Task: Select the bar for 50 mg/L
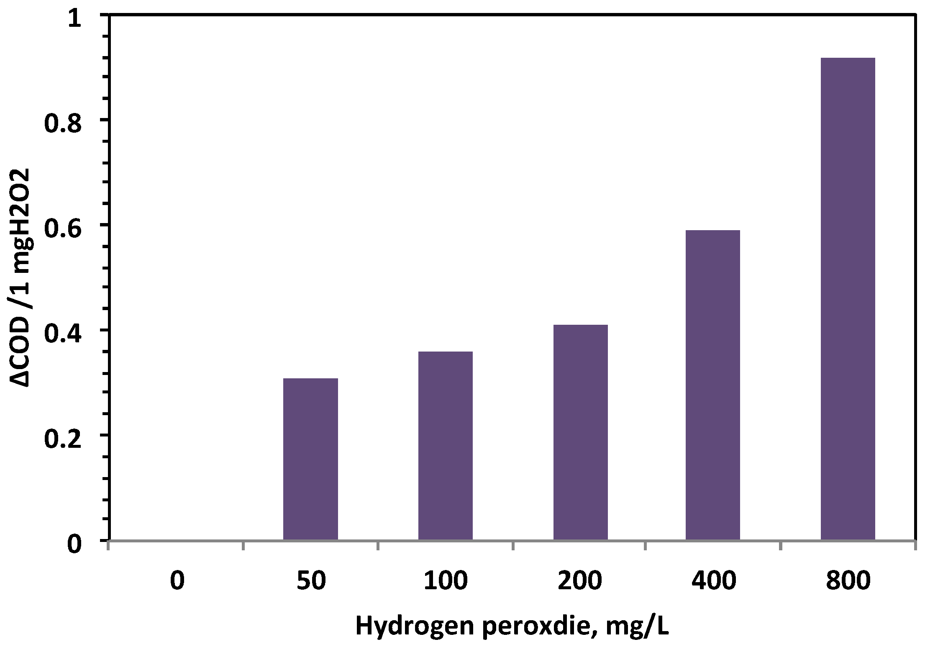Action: [310, 459]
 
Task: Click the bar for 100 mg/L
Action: [446, 446]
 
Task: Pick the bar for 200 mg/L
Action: [580, 432]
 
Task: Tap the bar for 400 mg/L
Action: [713, 385]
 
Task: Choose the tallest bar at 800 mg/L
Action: [848, 299]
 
